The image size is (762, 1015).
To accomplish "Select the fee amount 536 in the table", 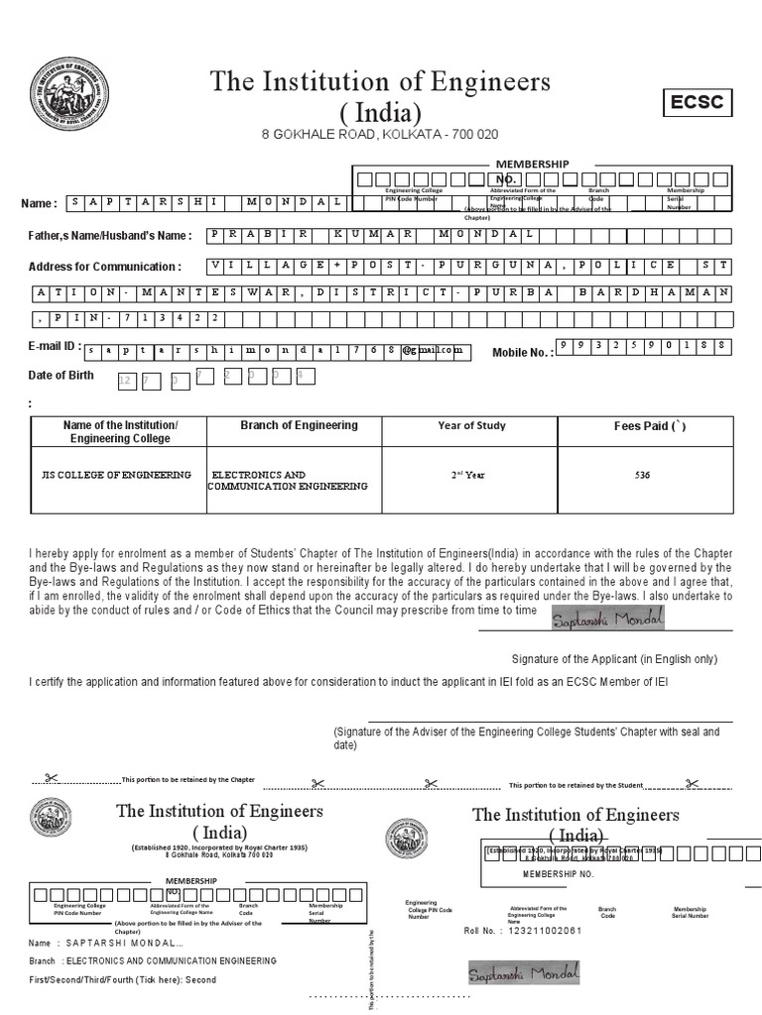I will [x=642, y=476].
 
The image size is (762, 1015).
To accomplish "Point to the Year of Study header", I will [x=471, y=426].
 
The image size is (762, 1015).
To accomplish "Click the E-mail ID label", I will [x=53, y=347].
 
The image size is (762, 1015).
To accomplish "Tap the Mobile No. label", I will [x=523, y=352].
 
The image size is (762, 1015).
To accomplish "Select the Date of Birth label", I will [x=62, y=375].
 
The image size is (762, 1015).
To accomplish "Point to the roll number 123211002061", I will [x=544, y=932].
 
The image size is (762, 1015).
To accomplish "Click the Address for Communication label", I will [x=104, y=267].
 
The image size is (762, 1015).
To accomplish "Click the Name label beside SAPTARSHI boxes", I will [x=40, y=203].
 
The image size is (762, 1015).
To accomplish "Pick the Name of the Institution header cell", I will [x=120, y=431].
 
